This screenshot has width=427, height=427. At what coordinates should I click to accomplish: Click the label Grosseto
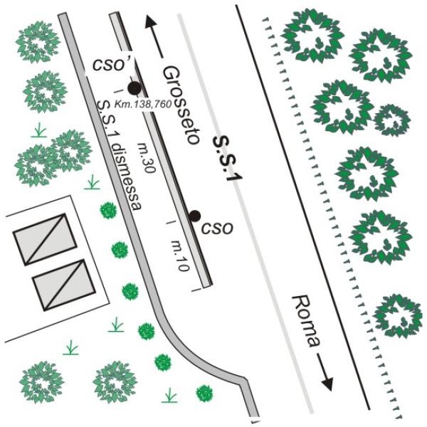coord(181,105)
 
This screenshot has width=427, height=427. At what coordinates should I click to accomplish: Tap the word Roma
coord(305,322)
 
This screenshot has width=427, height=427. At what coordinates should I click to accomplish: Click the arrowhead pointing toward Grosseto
coord(150,22)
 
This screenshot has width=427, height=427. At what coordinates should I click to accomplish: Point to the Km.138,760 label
coord(143,104)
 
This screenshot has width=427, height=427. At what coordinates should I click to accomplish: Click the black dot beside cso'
coord(135,88)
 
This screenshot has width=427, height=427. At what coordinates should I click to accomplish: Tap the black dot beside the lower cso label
coord(195,216)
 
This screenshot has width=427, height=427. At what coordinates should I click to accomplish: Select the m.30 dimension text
coord(147,158)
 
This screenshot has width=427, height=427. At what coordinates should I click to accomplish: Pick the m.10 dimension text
coord(180,255)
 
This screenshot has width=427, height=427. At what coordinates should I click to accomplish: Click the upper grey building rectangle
coord(45,239)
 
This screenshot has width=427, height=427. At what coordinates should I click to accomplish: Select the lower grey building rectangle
coord(64,285)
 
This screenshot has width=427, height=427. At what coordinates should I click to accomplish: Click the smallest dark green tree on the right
coord(392,120)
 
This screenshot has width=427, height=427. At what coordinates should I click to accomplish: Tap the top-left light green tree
coord(38,43)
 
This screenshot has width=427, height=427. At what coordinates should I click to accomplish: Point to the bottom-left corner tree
coord(42,382)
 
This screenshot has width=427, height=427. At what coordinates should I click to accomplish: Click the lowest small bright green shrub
coord(204,394)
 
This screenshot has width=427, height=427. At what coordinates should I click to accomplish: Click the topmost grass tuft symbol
coord(39,130)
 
